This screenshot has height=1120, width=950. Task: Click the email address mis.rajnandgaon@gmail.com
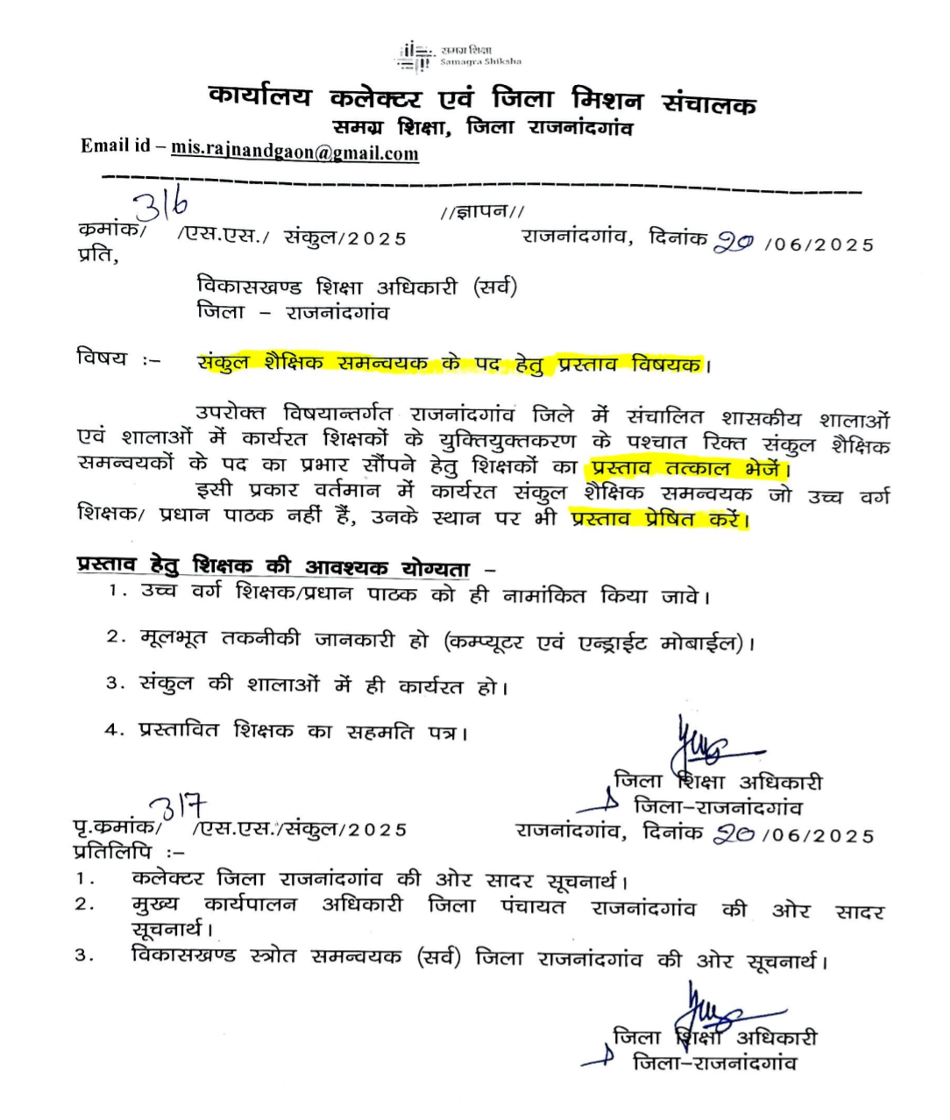tap(294, 152)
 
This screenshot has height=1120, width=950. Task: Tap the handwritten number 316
tap(161, 206)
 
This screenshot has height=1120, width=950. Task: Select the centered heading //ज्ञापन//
tap(483, 211)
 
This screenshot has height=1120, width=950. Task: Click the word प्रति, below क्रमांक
tap(96, 257)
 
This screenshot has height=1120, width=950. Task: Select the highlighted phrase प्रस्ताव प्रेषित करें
tap(659, 519)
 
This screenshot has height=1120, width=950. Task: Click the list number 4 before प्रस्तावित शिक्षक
tap(111, 730)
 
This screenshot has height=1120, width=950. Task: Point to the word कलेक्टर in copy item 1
tap(167, 877)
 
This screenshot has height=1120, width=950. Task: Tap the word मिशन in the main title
tap(606, 99)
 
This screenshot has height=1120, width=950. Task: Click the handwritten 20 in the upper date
tap(733, 243)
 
